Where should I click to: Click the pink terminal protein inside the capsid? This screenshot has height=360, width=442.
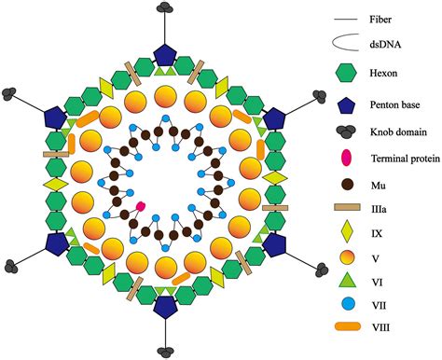(x=141, y=204)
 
